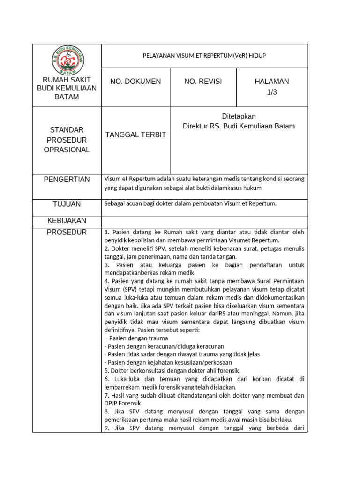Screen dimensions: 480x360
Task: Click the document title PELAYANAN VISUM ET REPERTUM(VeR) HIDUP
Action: (204, 56)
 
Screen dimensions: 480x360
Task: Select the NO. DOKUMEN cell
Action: (135, 82)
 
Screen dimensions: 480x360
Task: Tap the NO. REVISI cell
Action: (203, 82)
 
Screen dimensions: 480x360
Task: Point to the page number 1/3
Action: (272, 92)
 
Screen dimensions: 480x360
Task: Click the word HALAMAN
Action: (272, 82)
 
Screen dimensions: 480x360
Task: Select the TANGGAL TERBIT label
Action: (135, 135)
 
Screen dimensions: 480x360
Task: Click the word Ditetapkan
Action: (239, 116)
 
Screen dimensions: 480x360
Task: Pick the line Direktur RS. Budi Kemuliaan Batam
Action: (239, 126)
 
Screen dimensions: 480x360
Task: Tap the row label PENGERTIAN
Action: (67, 180)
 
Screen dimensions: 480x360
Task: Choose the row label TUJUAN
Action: (67, 204)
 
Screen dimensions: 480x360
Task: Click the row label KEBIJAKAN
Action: (67, 221)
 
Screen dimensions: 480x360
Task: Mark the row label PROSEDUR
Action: (67, 232)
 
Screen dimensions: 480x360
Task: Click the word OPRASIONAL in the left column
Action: (67, 150)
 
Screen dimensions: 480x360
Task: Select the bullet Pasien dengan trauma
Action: (137, 338)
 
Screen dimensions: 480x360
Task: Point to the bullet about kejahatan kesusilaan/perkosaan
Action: (168, 362)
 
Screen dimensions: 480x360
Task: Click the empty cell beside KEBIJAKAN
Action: (204, 221)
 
